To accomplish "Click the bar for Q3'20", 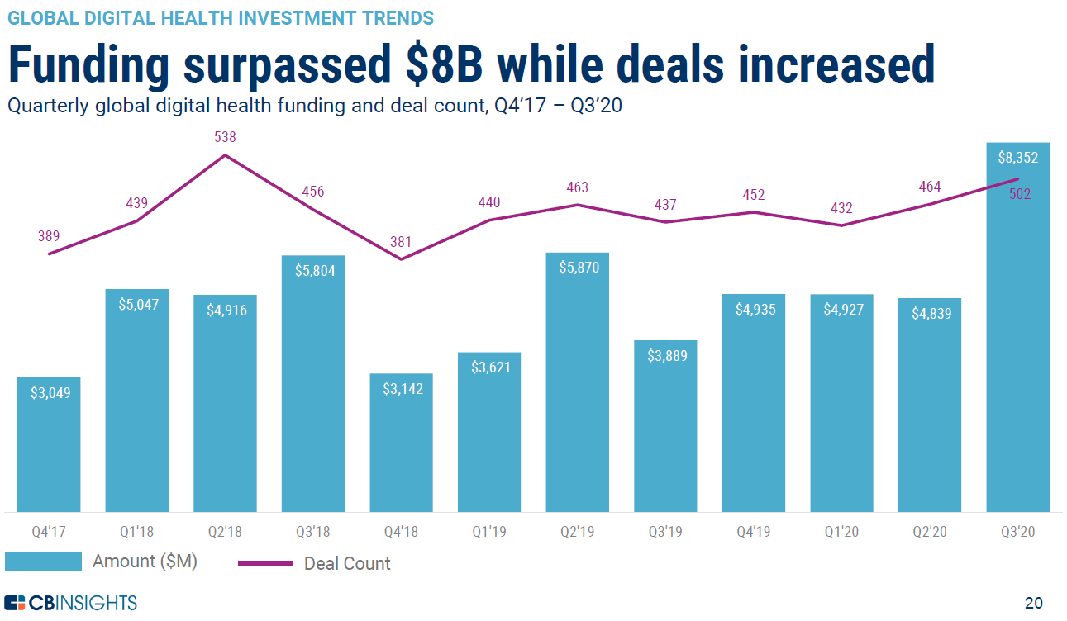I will (x=1017, y=347).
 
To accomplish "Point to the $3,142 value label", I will (x=403, y=388).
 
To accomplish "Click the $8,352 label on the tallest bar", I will (x=1017, y=157).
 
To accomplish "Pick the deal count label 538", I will (x=225, y=137).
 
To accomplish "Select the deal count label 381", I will (x=401, y=242).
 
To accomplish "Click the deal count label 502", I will (x=1020, y=195).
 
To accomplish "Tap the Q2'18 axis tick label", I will (x=225, y=532).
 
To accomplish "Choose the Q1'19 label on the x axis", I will (x=489, y=532).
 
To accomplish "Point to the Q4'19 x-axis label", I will (x=753, y=532).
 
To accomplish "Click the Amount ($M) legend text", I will (x=145, y=562).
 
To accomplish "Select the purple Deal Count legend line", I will (x=265, y=563).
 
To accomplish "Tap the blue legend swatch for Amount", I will (x=43, y=562).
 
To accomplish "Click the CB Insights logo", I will (x=71, y=602).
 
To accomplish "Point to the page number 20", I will (x=1033, y=602).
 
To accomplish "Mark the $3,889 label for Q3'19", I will (x=665, y=355).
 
